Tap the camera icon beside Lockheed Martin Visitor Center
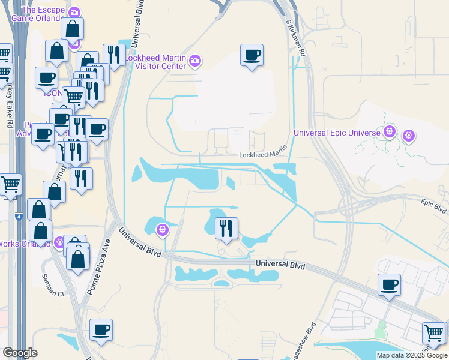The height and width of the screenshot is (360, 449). click(195, 60)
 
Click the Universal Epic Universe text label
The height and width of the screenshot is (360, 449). click(337, 133)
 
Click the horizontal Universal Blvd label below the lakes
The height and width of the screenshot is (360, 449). click(280, 265)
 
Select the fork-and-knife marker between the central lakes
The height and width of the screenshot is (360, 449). click(226, 228)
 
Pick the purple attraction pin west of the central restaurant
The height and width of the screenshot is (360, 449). click(162, 229)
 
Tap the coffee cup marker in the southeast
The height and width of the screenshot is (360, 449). click(389, 284)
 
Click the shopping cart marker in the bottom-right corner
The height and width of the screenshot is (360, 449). click(433, 333)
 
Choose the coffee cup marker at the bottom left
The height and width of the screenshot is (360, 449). click(101, 329)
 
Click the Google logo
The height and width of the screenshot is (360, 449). click(20, 353)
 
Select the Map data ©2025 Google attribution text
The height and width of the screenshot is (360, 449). click(411, 355)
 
